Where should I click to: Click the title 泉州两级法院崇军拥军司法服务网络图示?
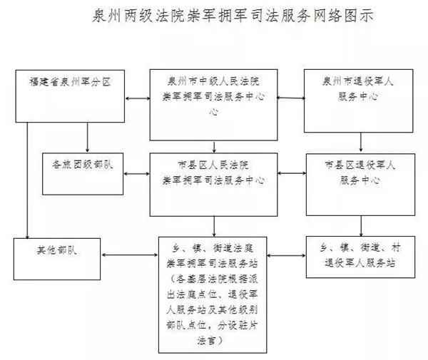pos(233,16)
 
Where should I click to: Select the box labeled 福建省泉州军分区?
pos(70,96)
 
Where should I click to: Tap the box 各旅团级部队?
pos(83,174)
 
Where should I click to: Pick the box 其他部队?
pos(57,259)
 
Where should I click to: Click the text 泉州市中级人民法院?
pos(213,81)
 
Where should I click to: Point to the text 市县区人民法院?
pos(213,165)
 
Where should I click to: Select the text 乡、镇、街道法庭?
pos(213,248)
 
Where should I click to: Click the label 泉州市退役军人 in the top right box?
pos(358,81)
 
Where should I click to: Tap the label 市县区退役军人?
pos(360,165)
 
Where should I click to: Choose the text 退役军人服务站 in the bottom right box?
pos(360,263)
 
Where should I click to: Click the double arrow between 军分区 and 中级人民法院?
pos(138,98)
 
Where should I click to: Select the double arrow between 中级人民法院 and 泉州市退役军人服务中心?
pos(291,98)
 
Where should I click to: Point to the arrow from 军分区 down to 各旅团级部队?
pos(87,137)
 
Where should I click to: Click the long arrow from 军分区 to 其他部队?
pos(27,180)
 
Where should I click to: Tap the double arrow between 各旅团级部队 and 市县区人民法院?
pos(136,174)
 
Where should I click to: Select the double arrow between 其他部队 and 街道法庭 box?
pos(130,255)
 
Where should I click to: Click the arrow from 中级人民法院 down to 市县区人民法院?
pos(214,147)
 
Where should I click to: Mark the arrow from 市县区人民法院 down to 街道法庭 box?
pos(214,227)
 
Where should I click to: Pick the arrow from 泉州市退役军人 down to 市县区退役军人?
pos(361,142)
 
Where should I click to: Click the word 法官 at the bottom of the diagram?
pos(206,341)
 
